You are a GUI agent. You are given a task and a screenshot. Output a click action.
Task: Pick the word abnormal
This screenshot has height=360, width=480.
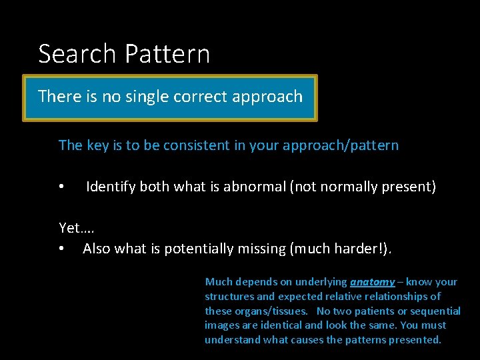click(x=253, y=187)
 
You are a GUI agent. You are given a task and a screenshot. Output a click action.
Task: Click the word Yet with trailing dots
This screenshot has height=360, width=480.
click(x=76, y=228)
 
